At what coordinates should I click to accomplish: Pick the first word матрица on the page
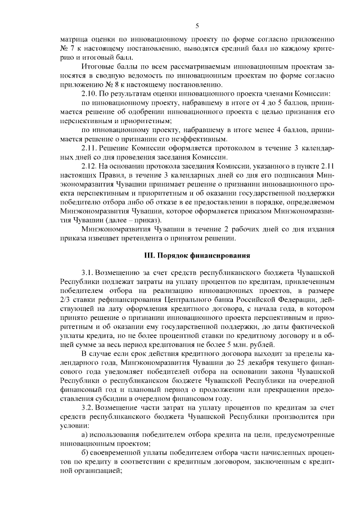pyautogui.click(x=73, y=39)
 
